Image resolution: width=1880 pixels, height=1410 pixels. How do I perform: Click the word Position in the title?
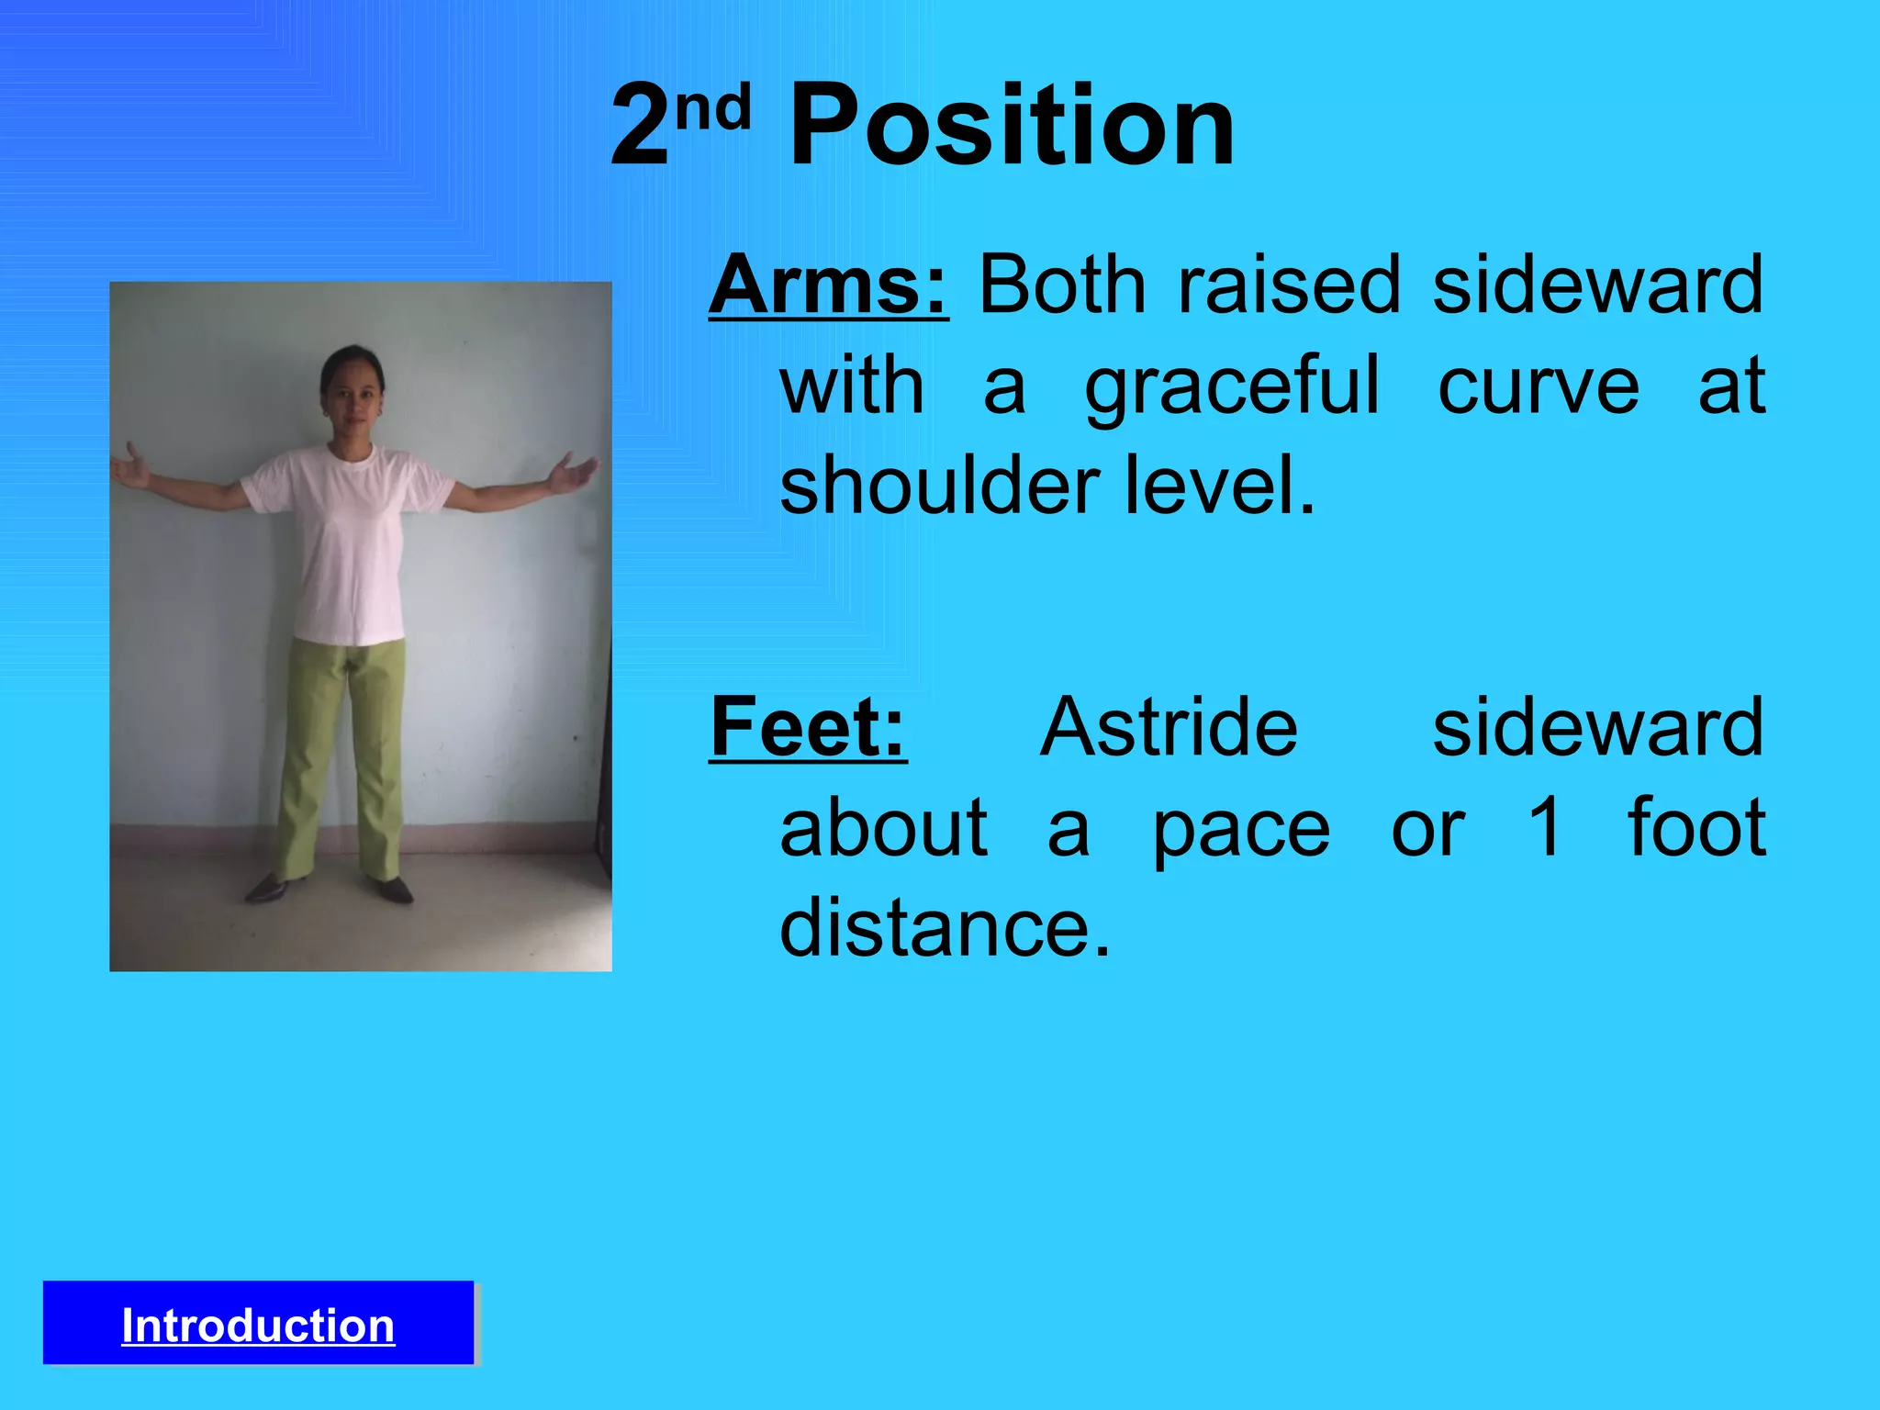click(1012, 126)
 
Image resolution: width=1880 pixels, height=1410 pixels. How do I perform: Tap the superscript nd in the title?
click(713, 108)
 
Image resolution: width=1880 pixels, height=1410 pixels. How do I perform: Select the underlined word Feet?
click(808, 727)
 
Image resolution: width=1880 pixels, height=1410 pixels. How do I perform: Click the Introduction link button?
click(258, 1325)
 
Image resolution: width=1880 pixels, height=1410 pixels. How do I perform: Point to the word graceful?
click(1232, 386)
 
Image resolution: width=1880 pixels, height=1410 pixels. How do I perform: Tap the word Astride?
click(1169, 727)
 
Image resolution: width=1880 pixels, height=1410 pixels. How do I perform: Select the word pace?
click(1241, 829)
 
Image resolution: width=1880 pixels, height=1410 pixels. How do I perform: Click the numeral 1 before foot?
click(1545, 826)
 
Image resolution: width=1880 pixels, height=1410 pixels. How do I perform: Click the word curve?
click(1538, 386)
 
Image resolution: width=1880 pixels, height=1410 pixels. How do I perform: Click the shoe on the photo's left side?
click(266, 888)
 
